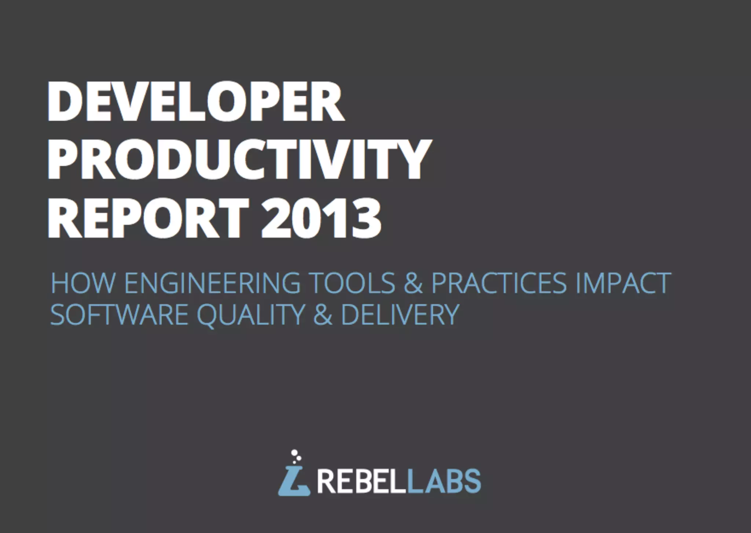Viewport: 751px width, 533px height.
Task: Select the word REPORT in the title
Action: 149,218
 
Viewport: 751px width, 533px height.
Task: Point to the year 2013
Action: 321,218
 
